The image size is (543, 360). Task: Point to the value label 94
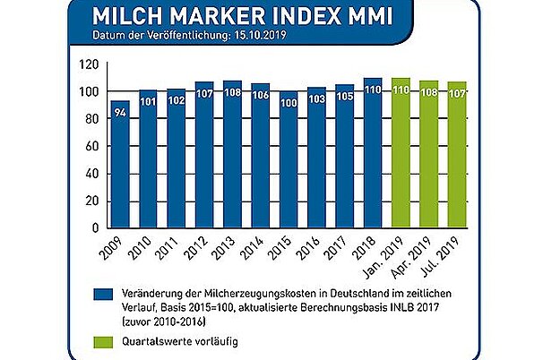(120, 111)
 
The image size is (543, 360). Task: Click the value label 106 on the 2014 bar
(261, 94)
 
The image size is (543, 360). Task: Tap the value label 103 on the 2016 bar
(316, 98)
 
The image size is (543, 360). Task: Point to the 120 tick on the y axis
(88, 64)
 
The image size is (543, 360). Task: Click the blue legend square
(105, 293)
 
